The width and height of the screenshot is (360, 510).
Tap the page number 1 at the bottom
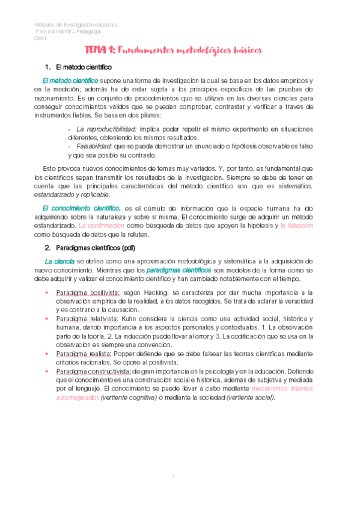pyautogui.click(x=173, y=477)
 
